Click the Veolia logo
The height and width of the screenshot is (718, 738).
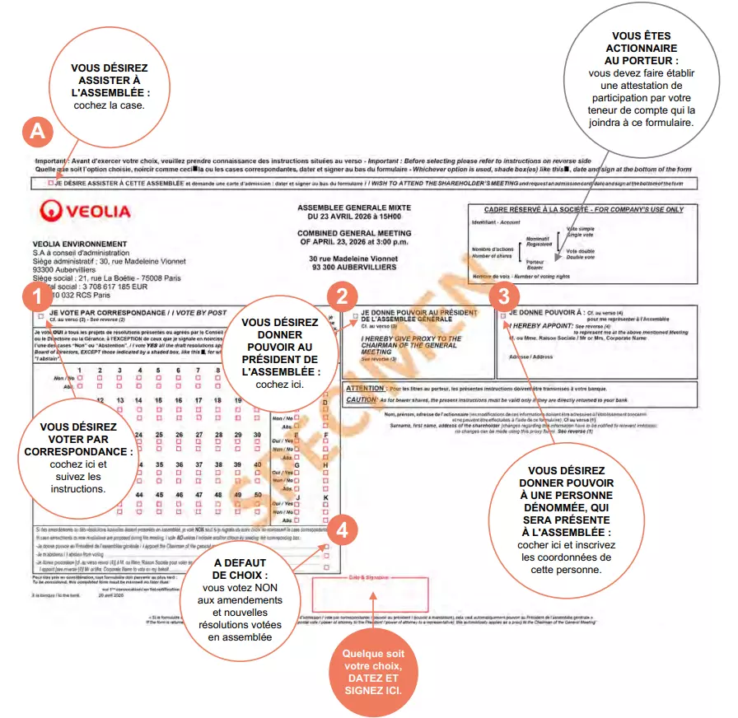[85, 212]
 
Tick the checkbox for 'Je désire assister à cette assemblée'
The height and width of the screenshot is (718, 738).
[51, 183]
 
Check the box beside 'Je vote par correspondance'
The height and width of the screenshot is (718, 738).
[40, 315]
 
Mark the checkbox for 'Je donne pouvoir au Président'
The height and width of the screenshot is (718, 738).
[355, 315]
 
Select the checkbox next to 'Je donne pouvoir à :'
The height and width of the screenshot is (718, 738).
[503, 315]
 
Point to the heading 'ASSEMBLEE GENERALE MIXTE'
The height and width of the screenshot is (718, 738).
[354, 207]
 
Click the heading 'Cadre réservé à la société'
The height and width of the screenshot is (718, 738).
[577, 209]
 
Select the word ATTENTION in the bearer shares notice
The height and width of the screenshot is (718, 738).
[365, 388]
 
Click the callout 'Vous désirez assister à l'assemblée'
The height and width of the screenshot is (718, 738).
[109, 88]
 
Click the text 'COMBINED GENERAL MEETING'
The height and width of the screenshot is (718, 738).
[354, 234]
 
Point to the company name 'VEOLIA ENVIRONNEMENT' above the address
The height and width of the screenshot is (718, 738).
[80, 244]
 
